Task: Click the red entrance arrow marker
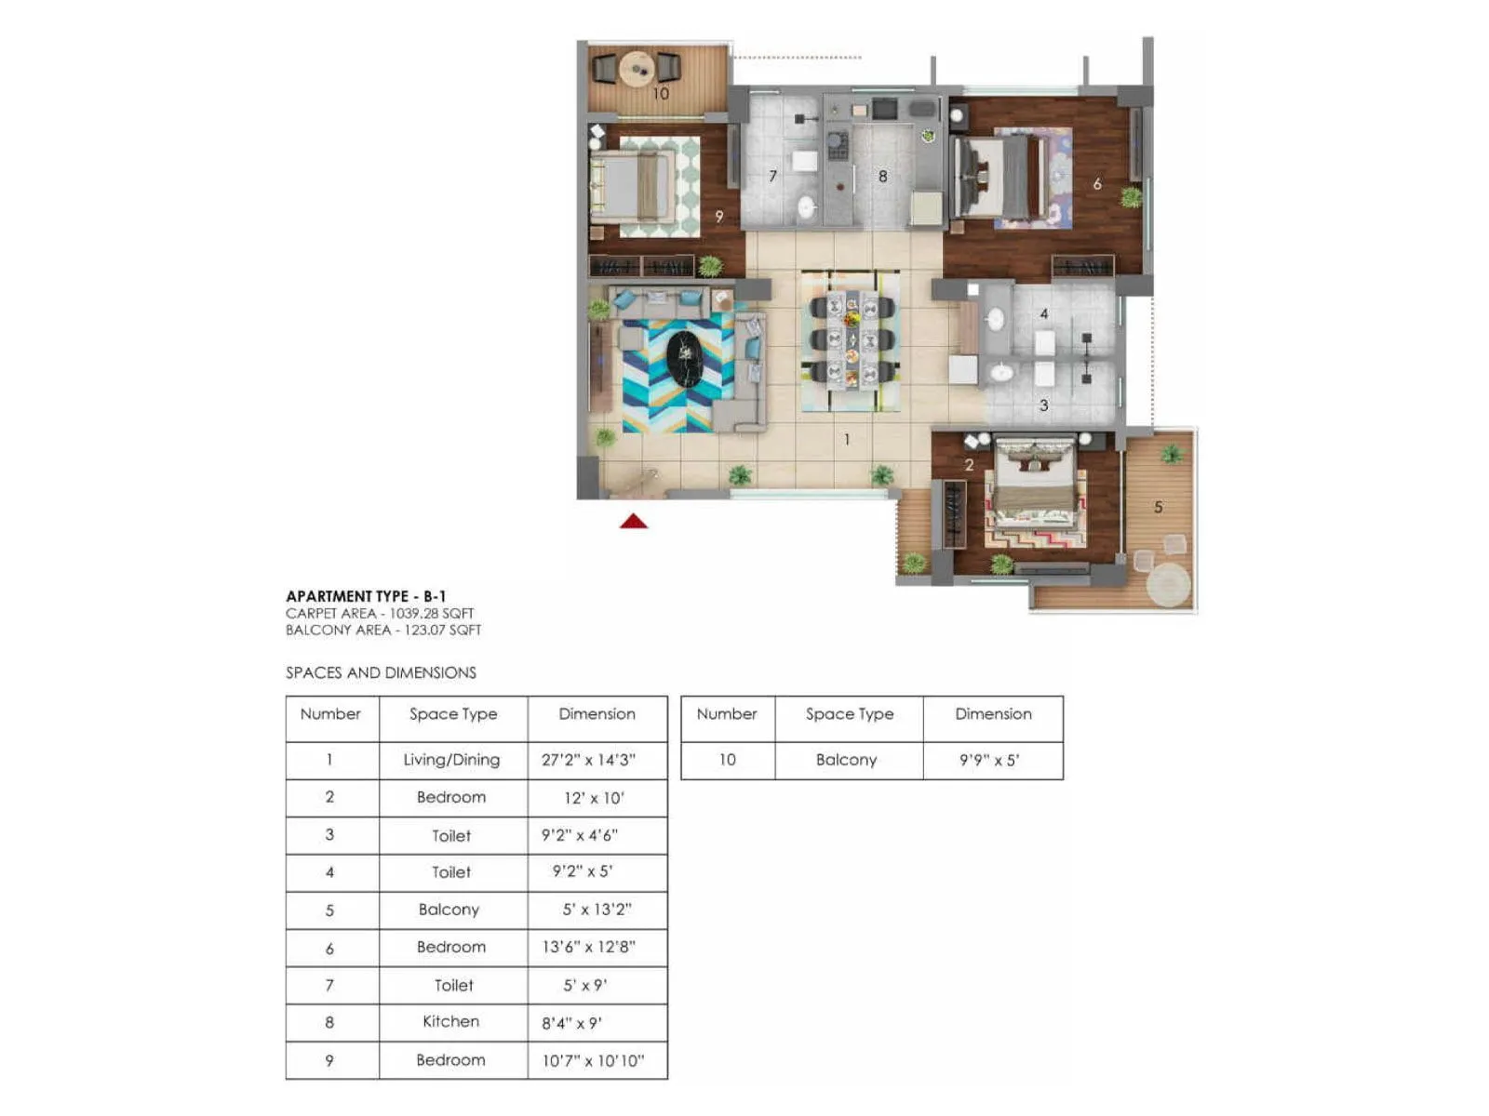click(634, 522)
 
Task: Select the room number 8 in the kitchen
click(882, 176)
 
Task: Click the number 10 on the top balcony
click(660, 94)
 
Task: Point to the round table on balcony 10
click(637, 69)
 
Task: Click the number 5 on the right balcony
click(1158, 507)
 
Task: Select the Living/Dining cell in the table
click(452, 760)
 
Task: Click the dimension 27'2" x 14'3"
click(588, 760)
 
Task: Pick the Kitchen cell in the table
click(451, 1021)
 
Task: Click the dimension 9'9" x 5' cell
click(989, 760)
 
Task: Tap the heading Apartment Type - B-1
click(366, 596)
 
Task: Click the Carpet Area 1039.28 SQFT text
click(380, 613)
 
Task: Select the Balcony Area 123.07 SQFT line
click(383, 630)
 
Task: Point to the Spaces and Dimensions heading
click(381, 672)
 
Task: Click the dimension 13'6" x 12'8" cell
click(588, 947)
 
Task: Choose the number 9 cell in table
click(329, 1060)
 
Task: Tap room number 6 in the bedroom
click(1097, 184)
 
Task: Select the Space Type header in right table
click(849, 714)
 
